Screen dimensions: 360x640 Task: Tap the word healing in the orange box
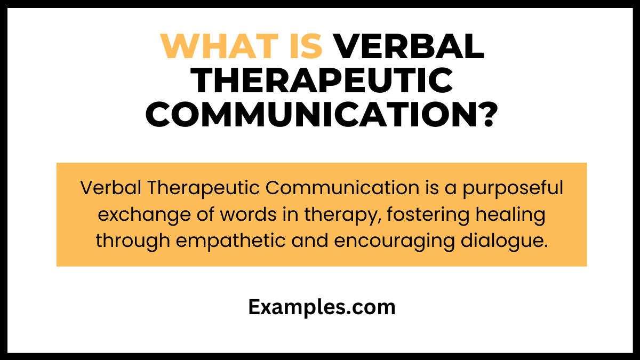click(507, 215)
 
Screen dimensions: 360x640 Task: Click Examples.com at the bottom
click(322, 308)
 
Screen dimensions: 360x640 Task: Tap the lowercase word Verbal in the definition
click(110, 188)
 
